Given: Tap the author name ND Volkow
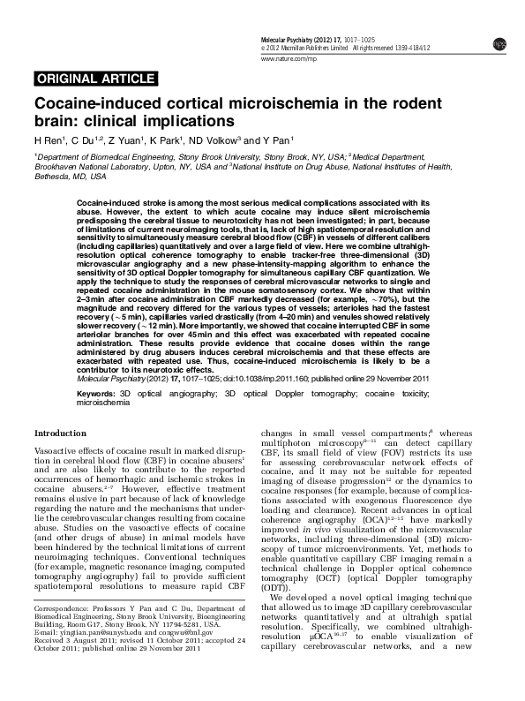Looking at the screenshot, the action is [217, 139].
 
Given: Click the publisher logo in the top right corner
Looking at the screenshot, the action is [499, 42].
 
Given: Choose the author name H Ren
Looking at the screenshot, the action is [49, 139].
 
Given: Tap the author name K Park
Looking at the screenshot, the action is [164, 139].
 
